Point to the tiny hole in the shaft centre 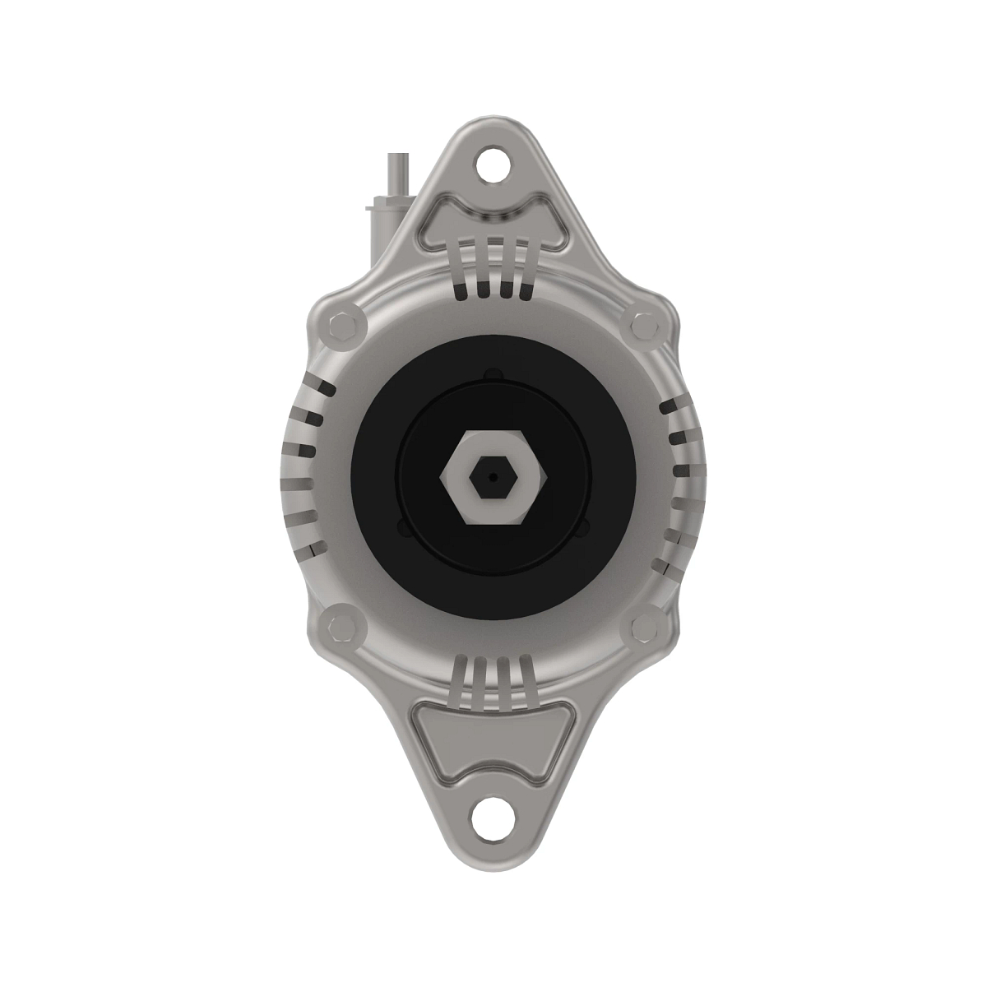point(493,476)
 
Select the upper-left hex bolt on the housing point(342,327)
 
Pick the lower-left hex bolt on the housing point(342,628)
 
